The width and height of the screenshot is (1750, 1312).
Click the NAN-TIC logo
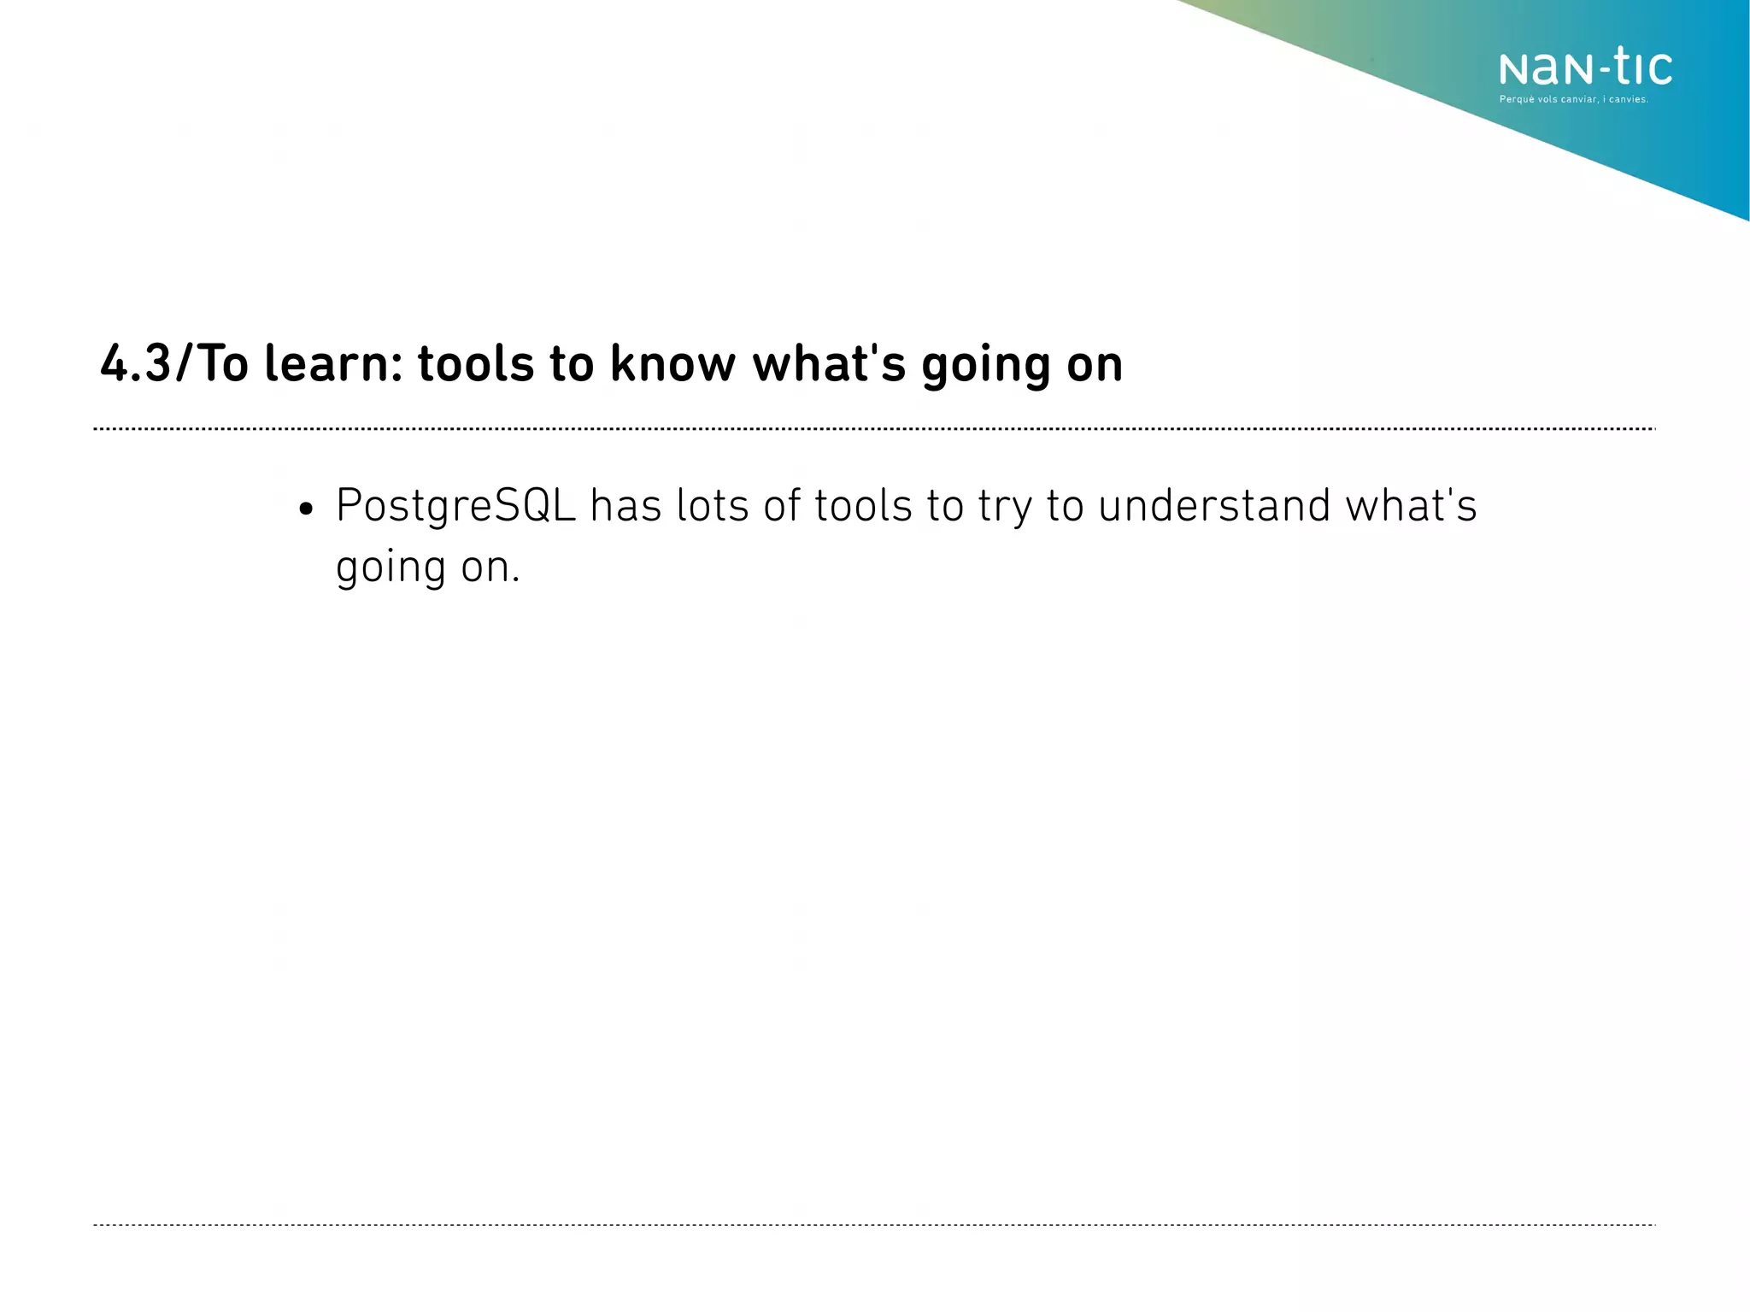tap(1585, 68)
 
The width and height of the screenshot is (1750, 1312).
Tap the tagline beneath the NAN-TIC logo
tap(1573, 100)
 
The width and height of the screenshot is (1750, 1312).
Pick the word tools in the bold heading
tap(476, 364)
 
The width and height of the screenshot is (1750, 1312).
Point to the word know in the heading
tap(672, 364)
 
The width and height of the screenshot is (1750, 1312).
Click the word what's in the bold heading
tap(828, 364)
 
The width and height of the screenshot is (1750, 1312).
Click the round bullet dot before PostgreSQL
tap(306, 510)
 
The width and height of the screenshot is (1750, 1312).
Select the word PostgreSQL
tap(455, 507)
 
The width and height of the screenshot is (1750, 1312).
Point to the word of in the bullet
tap(781, 505)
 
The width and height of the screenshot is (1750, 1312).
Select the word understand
tap(1214, 505)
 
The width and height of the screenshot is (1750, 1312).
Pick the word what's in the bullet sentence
tap(1411, 505)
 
